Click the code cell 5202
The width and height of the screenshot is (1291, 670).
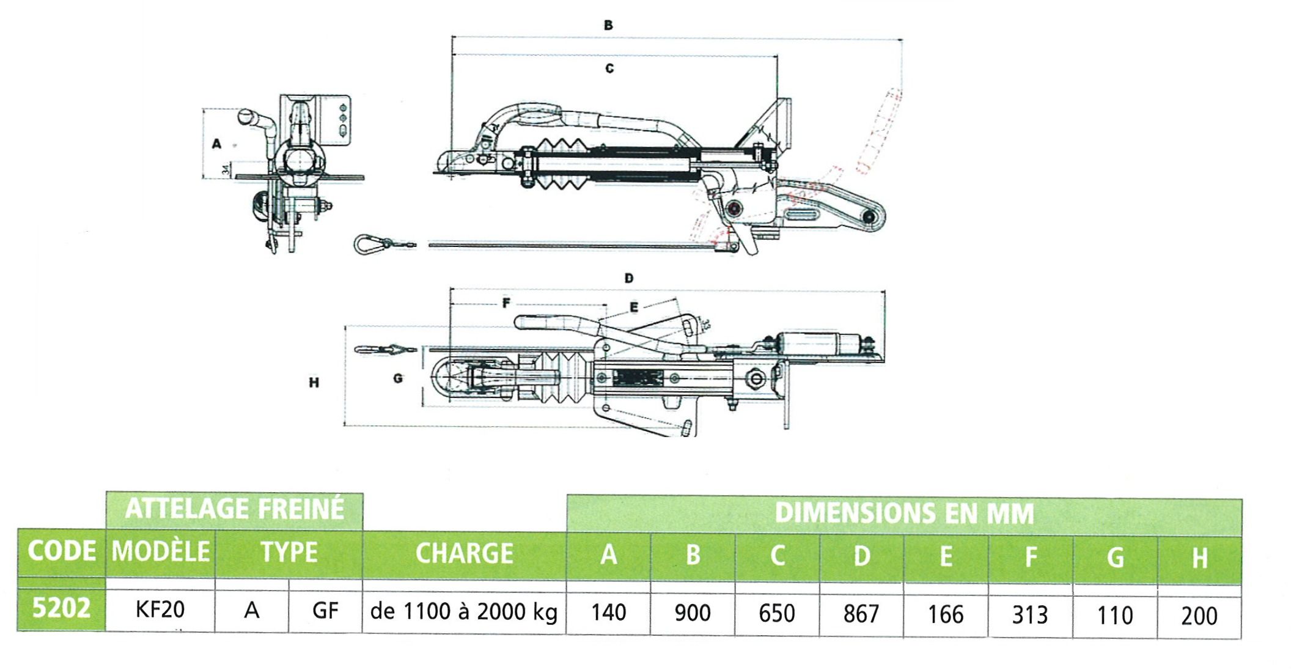click(x=61, y=608)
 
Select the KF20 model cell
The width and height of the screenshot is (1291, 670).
click(x=160, y=609)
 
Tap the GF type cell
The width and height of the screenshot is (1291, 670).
click(x=325, y=610)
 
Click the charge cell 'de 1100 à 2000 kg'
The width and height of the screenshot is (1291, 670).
click(x=464, y=611)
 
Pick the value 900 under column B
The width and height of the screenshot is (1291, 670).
click(x=693, y=613)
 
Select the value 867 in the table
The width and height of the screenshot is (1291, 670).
click(x=861, y=614)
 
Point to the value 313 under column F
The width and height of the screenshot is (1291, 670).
click(x=1030, y=615)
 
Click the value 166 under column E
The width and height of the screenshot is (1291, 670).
click(x=946, y=614)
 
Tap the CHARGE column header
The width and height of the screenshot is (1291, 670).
click(x=464, y=554)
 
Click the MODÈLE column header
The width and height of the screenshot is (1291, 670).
click(x=161, y=552)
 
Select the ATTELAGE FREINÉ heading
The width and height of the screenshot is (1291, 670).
click(x=235, y=509)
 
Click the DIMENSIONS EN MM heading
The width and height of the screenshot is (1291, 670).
click(x=904, y=514)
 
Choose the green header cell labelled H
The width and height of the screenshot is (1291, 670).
click(x=1199, y=558)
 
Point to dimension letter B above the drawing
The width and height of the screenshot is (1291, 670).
click(x=608, y=26)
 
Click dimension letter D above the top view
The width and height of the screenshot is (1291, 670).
click(x=629, y=279)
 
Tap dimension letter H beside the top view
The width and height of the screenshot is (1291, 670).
click(x=314, y=383)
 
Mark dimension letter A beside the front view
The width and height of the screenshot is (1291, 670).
click(x=216, y=144)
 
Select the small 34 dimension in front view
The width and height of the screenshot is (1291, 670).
click(x=226, y=170)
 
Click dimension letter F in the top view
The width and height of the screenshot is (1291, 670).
click(x=506, y=303)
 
